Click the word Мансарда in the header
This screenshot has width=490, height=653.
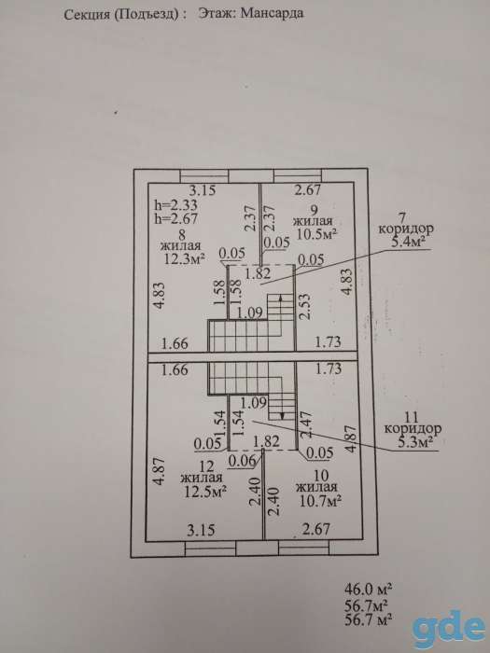273,13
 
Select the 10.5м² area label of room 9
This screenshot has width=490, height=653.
317,233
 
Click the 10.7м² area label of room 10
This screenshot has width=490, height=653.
321,501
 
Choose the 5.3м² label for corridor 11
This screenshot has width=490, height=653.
414,442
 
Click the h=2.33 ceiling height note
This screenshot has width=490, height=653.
176,205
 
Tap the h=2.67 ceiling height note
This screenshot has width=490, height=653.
176,218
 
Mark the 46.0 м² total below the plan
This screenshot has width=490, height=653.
369,589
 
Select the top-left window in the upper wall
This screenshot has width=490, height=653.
204,175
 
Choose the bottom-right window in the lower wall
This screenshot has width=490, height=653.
303,549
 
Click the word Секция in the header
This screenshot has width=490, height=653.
86,15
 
